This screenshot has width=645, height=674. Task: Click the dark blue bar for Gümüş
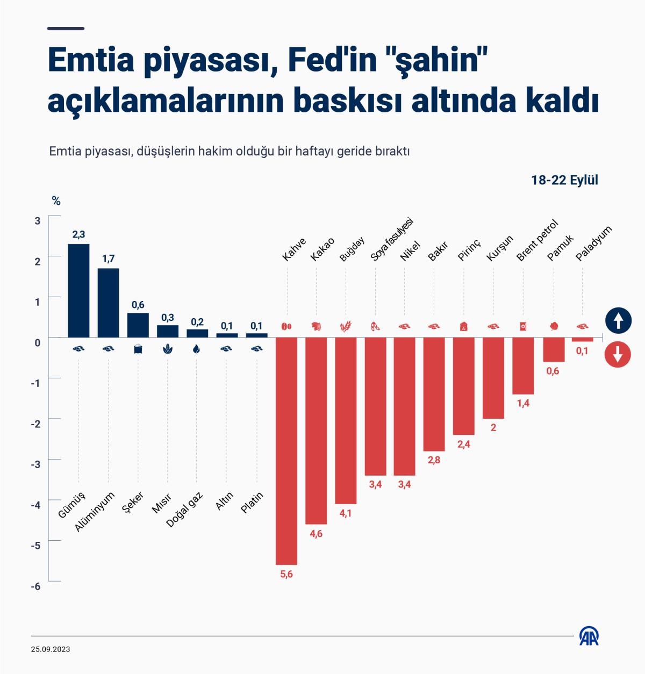(x=78, y=290)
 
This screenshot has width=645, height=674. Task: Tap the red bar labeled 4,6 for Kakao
(x=316, y=430)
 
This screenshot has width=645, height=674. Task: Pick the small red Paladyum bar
(x=582, y=339)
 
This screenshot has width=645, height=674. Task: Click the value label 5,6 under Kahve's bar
(x=286, y=575)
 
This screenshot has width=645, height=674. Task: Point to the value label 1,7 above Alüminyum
(x=108, y=259)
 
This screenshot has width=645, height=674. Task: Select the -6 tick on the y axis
(x=36, y=586)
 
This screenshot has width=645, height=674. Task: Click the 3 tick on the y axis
(x=38, y=220)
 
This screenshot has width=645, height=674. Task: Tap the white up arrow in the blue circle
(x=618, y=321)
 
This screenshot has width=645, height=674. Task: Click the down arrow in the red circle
(x=618, y=355)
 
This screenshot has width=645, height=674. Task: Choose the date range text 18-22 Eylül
(x=564, y=180)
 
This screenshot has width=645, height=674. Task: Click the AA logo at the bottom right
(x=589, y=636)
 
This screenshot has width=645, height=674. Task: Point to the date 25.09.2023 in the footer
(x=51, y=649)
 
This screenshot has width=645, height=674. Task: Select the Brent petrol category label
(x=537, y=240)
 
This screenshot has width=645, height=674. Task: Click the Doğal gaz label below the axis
(x=184, y=509)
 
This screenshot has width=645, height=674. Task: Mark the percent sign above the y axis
(x=56, y=202)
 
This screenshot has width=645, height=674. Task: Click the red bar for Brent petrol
(x=523, y=365)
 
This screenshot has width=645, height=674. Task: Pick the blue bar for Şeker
(x=138, y=325)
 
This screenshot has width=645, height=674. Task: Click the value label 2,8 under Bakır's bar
(x=434, y=460)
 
